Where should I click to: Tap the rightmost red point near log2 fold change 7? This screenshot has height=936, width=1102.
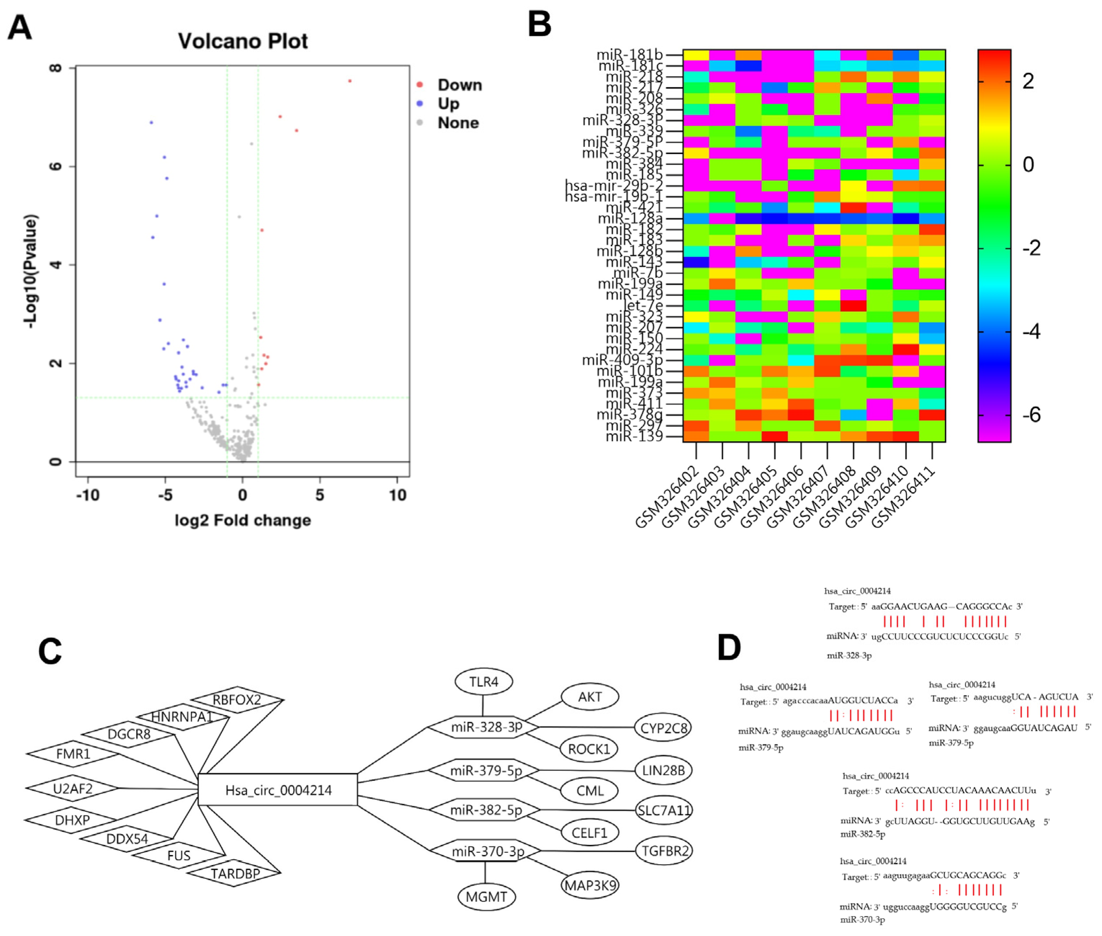click(350, 81)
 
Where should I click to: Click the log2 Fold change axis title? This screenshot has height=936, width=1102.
click(242, 520)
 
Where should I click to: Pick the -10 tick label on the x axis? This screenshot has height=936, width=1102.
click(88, 495)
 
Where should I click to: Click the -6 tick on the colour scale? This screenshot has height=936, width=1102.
click(1031, 415)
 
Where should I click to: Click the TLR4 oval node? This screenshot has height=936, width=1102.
click(483, 682)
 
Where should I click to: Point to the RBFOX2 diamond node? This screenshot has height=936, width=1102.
click(237, 700)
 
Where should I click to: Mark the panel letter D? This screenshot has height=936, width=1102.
click(729, 647)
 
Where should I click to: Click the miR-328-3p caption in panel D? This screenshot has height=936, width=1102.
click(849, 655)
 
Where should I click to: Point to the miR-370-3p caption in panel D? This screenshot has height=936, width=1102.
click(862, 919)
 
